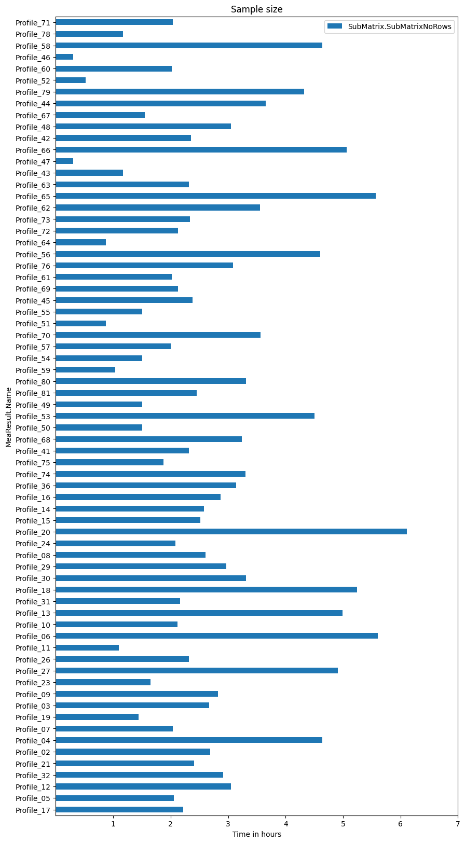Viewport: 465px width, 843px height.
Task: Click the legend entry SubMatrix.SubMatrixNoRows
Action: coord(396,26)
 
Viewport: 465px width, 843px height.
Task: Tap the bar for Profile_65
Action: coord(215,196)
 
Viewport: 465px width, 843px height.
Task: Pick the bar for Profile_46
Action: coord(64,57)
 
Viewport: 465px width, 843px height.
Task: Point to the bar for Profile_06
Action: coord(216,636)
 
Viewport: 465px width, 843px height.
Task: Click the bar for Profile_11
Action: coord(87,647)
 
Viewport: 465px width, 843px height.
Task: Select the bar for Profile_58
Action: coord(189,45)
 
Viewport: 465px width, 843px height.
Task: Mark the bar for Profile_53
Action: coord(185,416)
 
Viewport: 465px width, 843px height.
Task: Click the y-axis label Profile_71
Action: coord(33,22)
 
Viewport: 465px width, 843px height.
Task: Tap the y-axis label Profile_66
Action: coord(33,150)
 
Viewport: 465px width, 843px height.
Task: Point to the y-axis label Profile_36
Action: coord(33,486)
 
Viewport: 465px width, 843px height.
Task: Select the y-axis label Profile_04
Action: coord(33,740)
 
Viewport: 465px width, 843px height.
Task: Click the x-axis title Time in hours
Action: coord(256,834)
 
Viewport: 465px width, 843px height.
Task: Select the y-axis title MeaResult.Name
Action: coord(9,417)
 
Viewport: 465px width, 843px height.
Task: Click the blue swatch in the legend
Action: coord(333,26)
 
